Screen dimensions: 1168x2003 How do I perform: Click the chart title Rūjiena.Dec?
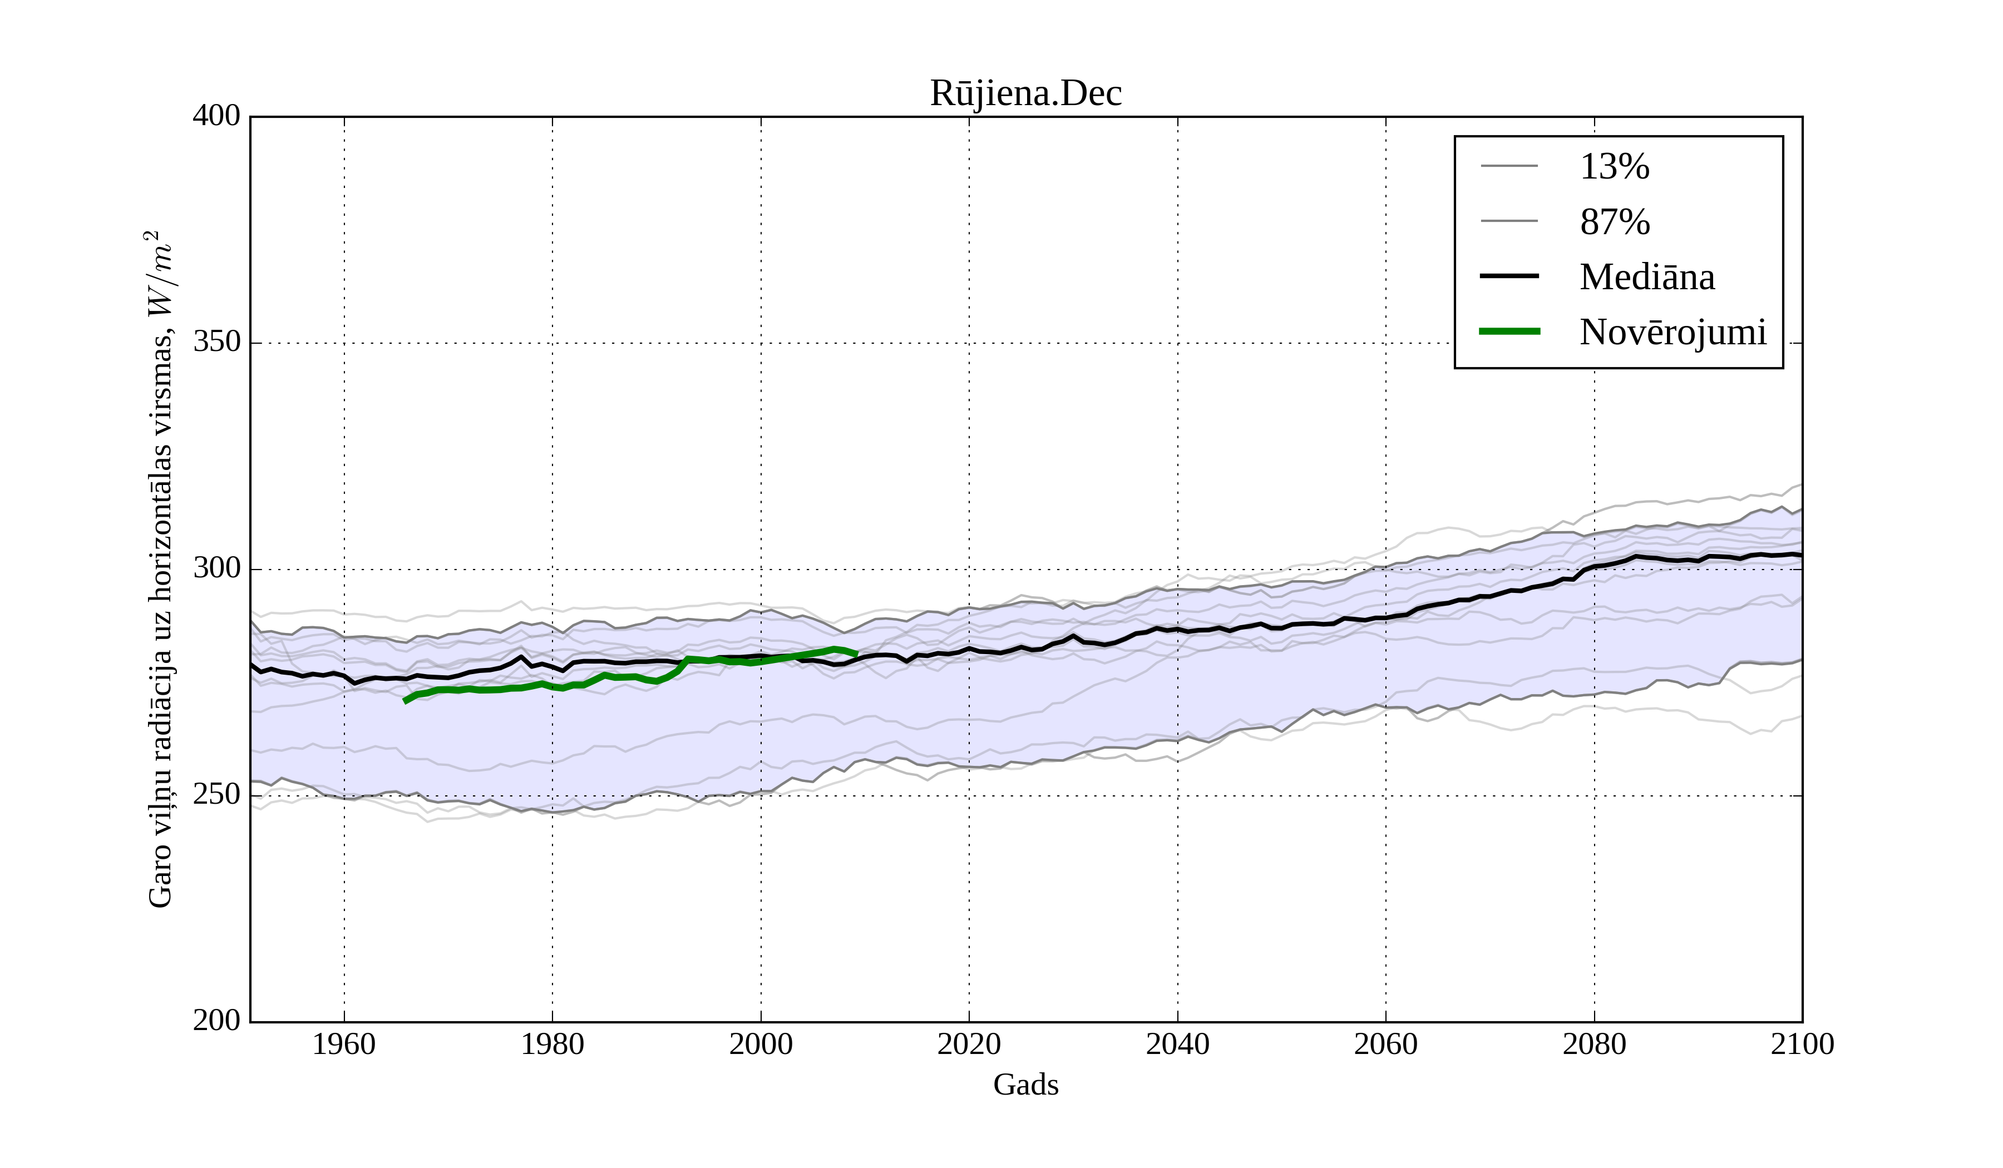pyautogui.click(x=1025, y=94)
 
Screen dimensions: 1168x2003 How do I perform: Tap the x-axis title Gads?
pyautogui.click(x=1025, y=1085)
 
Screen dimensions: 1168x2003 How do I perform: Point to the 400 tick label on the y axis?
pyautogui.click(x=216, y=116)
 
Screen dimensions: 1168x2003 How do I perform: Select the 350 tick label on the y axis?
pyautogui.click(x=216, y=343)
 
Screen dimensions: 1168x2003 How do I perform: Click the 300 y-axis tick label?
pyautogui.click(x=216, y=569)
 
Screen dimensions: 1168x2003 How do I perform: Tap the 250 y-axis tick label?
pyautogui.click(x=216, y=795)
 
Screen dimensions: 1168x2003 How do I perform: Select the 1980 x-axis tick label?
pyautogui.click(x=552, y=1044)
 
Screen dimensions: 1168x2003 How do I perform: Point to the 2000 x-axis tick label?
pyautogui.click(x=761, y=1044)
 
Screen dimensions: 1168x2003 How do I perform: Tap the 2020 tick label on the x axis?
pyautogui.click(x=969, y=1044)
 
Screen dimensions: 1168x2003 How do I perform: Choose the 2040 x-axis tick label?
pyautogui.click(x=1177, y=1044)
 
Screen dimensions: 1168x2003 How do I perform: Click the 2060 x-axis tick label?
pyautogui.click(x=1385, y=1044)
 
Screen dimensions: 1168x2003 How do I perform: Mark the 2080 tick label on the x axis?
pyautogui.click(x=1593, y=1044)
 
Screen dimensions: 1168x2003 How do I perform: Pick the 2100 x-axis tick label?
pyautogui.click(x=1802, y=1044)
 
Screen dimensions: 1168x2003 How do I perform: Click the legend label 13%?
pyautogui.click(x=1614, y=167)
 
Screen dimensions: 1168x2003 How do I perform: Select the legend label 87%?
pyautogui.click(x=1614, y=222)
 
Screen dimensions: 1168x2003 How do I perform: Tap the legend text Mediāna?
pyautogui.click(x=1647, y=278)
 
